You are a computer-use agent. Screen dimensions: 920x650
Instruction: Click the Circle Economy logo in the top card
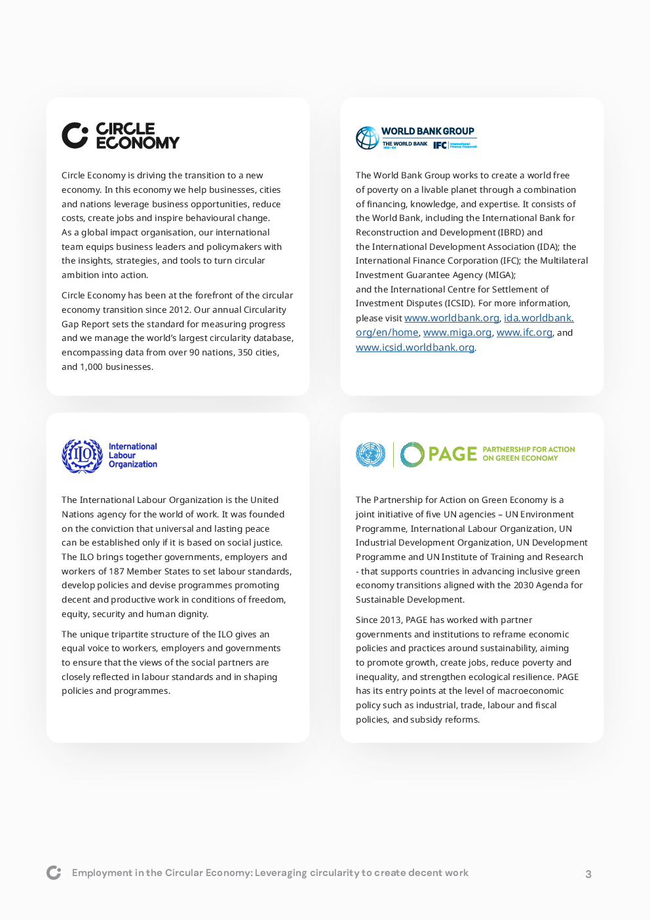[x=121, y=136]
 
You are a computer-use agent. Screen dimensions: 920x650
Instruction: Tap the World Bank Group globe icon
[x=367, y=138]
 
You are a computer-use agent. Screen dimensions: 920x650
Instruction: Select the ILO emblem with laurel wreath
[x=82, y=456]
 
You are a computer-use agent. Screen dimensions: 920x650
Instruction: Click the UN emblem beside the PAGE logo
[x=370, y=454]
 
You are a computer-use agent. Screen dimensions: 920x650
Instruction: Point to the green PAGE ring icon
[x=412, y=454]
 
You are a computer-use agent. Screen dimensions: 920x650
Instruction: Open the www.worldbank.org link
[x=451, y=318]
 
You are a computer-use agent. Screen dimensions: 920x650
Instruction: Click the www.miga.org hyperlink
[x=457, y=332]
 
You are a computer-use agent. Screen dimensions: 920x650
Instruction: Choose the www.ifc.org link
[x=524, y=332]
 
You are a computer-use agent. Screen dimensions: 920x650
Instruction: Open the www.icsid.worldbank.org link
[x=415, y=348]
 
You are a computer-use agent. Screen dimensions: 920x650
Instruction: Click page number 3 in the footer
[x=588, y=874]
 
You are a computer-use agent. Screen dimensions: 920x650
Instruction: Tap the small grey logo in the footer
[x=54, y=873]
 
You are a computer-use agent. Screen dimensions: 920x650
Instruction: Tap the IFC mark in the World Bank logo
[x=440, y=146]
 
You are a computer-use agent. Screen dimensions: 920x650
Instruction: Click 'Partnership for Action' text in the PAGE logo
[x=528, y=450]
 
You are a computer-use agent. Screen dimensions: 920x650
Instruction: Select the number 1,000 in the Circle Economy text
[x=91, y=367]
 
